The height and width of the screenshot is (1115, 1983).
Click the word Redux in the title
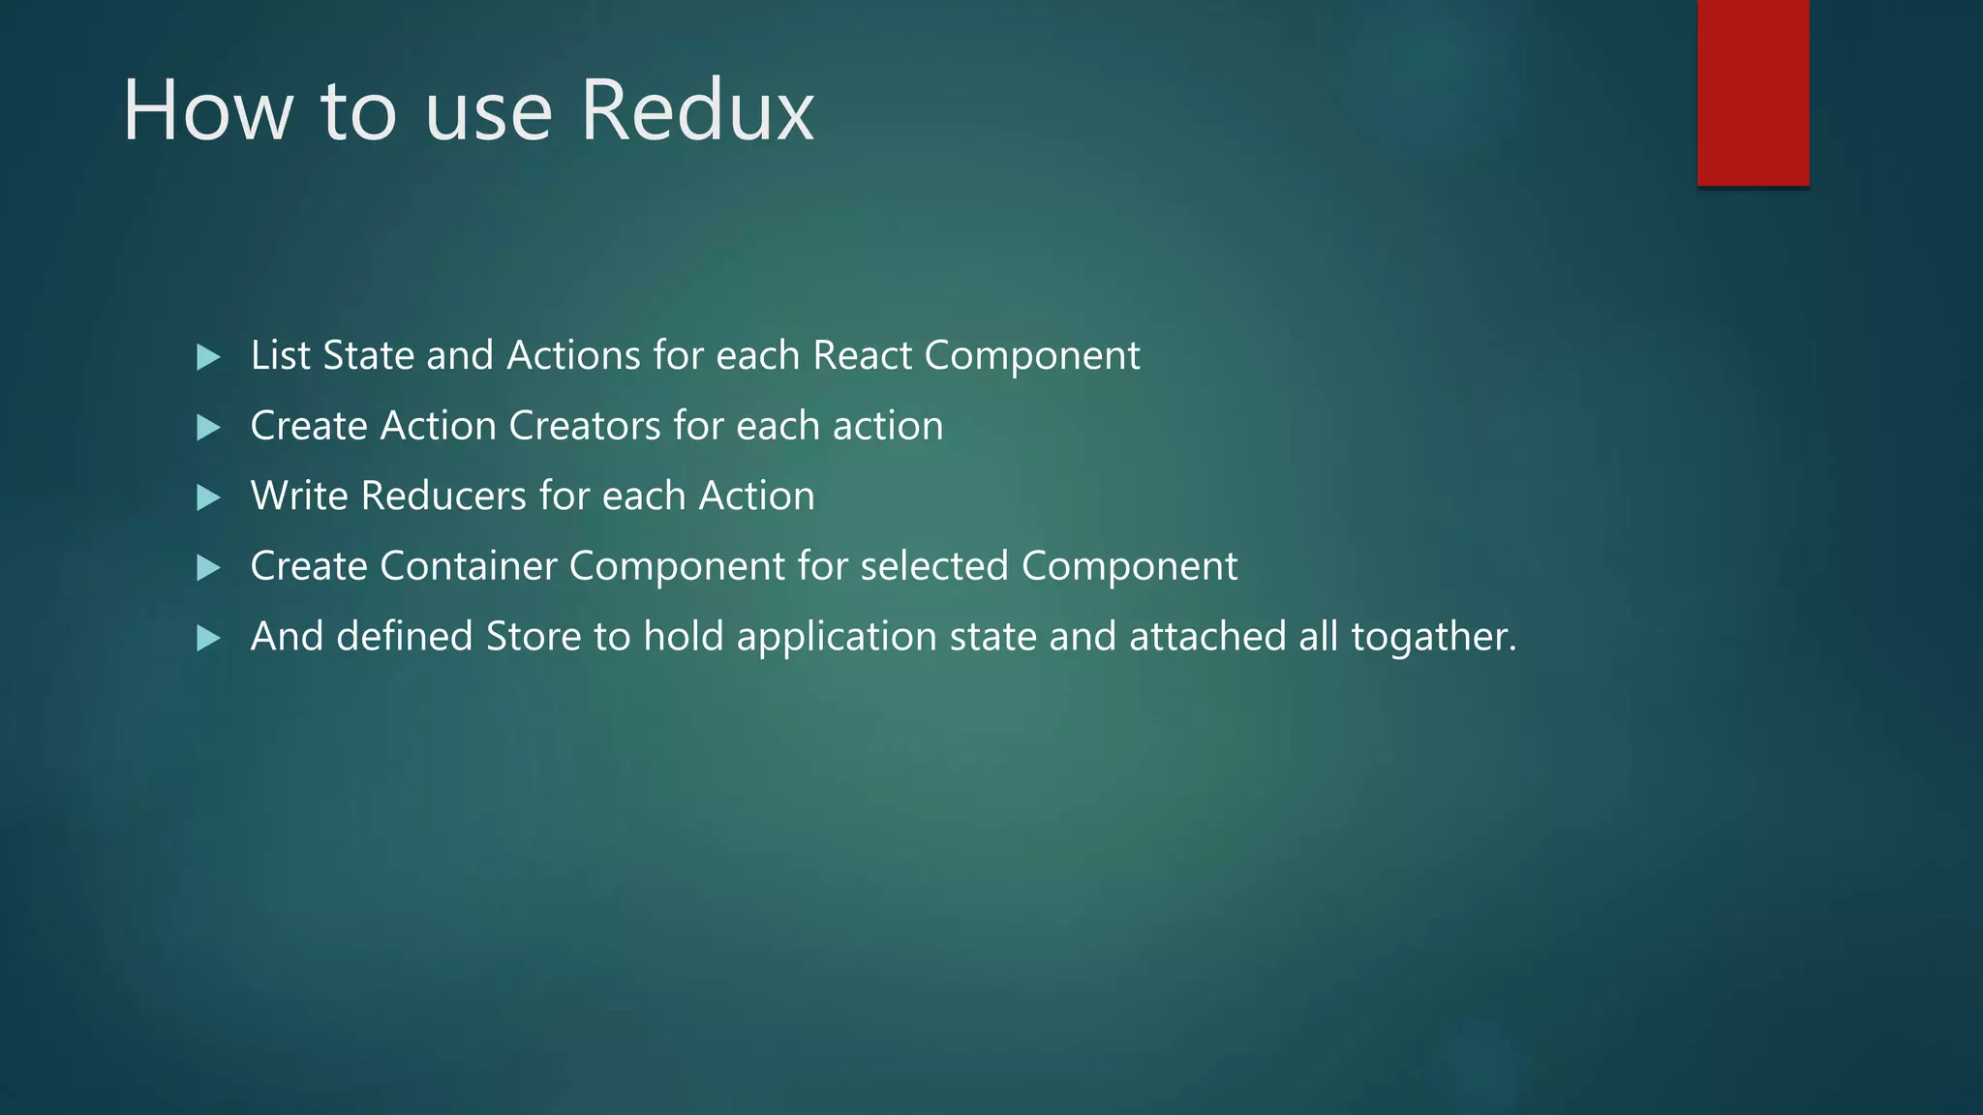(697, 111)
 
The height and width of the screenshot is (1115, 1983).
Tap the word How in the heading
(207, 111)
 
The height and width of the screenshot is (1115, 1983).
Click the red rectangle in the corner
(1753, 92)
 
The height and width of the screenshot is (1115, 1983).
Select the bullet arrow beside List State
(208, 357)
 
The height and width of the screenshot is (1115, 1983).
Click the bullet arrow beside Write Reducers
(208, 497)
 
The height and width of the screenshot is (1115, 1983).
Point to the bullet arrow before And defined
(208, 638)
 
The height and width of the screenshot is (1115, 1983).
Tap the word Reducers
(443, 496)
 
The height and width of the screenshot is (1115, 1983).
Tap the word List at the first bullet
(281, 355)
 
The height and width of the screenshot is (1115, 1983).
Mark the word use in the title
(488, 111)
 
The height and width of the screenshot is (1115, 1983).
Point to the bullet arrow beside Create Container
(208, 567)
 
